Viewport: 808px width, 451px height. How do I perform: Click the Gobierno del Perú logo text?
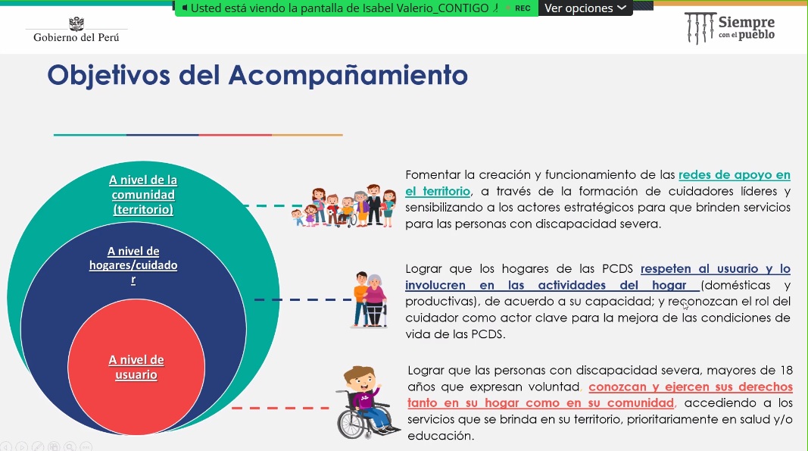[76, 37]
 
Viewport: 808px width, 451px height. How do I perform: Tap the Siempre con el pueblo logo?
[730, 28]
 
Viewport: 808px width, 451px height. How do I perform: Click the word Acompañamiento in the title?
[348, 75]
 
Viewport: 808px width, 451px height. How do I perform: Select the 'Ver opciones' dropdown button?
[585, 8]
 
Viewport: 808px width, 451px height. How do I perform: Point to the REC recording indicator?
[523, 8]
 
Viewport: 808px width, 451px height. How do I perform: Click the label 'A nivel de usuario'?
[136, 367]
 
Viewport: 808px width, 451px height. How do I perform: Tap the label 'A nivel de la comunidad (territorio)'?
[142, 195]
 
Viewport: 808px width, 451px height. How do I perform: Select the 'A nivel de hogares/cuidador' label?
[133, 265]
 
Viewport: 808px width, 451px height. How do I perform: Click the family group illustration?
[344, 206]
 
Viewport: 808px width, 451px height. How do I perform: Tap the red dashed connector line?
[280, 408]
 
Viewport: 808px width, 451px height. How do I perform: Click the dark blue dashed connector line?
[303, 299]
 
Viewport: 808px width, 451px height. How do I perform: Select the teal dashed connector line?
[273, 206]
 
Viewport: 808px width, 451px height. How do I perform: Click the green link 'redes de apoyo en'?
[735, 175]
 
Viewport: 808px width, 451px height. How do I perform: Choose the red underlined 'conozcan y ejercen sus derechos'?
[691, 387]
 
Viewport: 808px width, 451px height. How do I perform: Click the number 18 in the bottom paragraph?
[786, 370]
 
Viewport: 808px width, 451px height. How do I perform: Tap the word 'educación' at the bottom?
[441, 436]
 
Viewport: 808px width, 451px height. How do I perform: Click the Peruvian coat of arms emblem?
[76, 23]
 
